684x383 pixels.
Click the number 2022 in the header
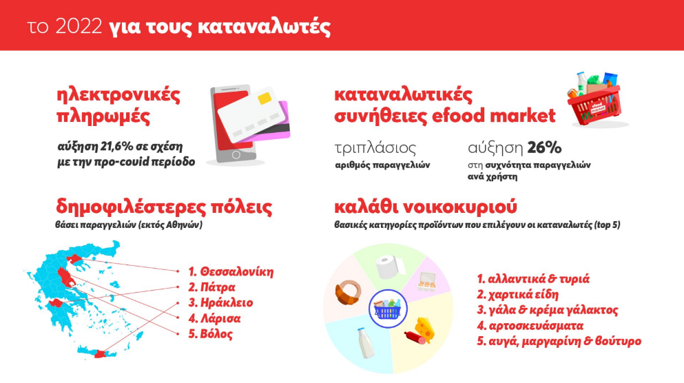(79, 27)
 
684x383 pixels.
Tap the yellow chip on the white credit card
(265, 98)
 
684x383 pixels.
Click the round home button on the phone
(236, 155)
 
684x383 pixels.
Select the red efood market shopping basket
(595, 100)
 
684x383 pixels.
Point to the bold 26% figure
(544, 148)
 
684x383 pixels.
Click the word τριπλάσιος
(375, 148)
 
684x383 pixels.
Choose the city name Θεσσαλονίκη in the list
(237, 272)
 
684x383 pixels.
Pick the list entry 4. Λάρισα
(215, 318)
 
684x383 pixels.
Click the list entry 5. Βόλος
(211, 334)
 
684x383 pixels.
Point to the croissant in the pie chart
(348, 291)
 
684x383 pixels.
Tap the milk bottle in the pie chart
(366, 343)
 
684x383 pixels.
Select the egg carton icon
(426, 281)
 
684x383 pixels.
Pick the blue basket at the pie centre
(387, 309)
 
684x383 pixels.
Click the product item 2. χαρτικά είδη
(517, 294)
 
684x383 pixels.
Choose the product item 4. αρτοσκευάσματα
(530, 326)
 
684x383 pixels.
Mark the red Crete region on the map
(101, 354)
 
